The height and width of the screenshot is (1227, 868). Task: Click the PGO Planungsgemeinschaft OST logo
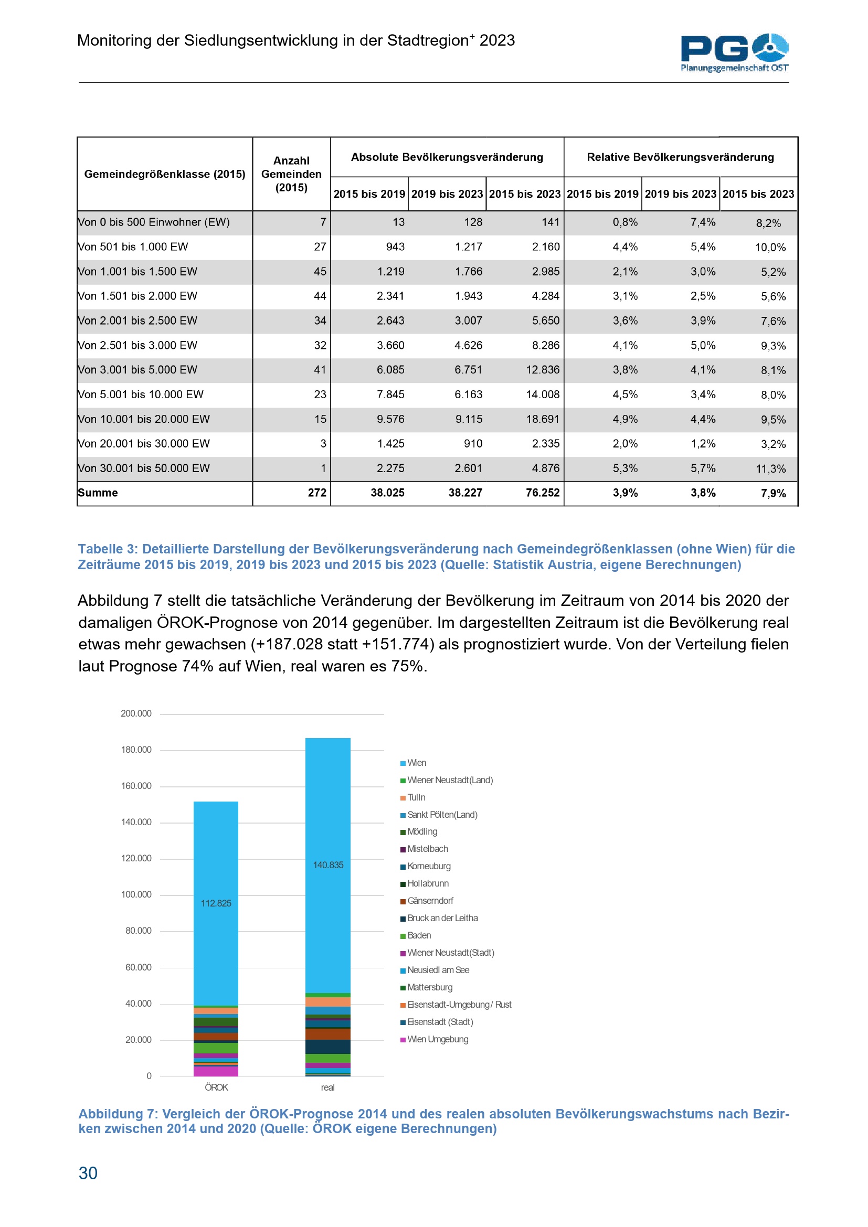[x=734, y=52]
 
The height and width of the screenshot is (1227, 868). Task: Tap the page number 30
[x=88, y=1172]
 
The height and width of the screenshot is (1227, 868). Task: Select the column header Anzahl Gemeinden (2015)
[x=291, y=174]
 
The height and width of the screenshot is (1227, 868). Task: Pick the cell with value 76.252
[x=543, y=493]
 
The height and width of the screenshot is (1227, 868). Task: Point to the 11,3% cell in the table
[x=770, y=468]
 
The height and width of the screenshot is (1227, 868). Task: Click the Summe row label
[x=98, y=493]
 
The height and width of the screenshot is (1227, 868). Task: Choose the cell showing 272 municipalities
[x=317, y=493]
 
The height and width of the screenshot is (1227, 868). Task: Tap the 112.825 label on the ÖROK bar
[x=216, y=903]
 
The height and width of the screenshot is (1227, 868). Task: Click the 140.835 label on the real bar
[x=328, y=865]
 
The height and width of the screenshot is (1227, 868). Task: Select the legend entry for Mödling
[x=422, y=831]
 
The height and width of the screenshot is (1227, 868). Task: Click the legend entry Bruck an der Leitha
[x=442, y=918]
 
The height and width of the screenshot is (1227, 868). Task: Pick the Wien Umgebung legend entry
[x=437, y=1039]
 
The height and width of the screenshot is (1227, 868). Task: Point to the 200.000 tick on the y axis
[x=136, y=713]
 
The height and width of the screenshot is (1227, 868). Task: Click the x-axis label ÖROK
[x=216, y=1087]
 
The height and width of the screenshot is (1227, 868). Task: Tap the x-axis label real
[x=327, y=1087]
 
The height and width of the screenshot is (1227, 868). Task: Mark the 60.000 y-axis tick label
[x=138, y=967]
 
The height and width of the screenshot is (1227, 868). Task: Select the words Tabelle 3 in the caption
[x=108, y=549]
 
